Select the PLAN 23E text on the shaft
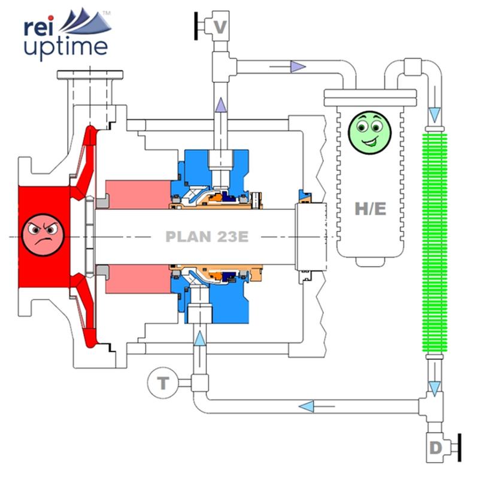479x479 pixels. tap(207, 237)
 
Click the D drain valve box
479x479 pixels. tap(435, 447)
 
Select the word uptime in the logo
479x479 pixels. tap(66, 46)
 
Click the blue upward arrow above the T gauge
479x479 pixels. tap(199, 338)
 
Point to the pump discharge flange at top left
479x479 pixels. tap(90, 77)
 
